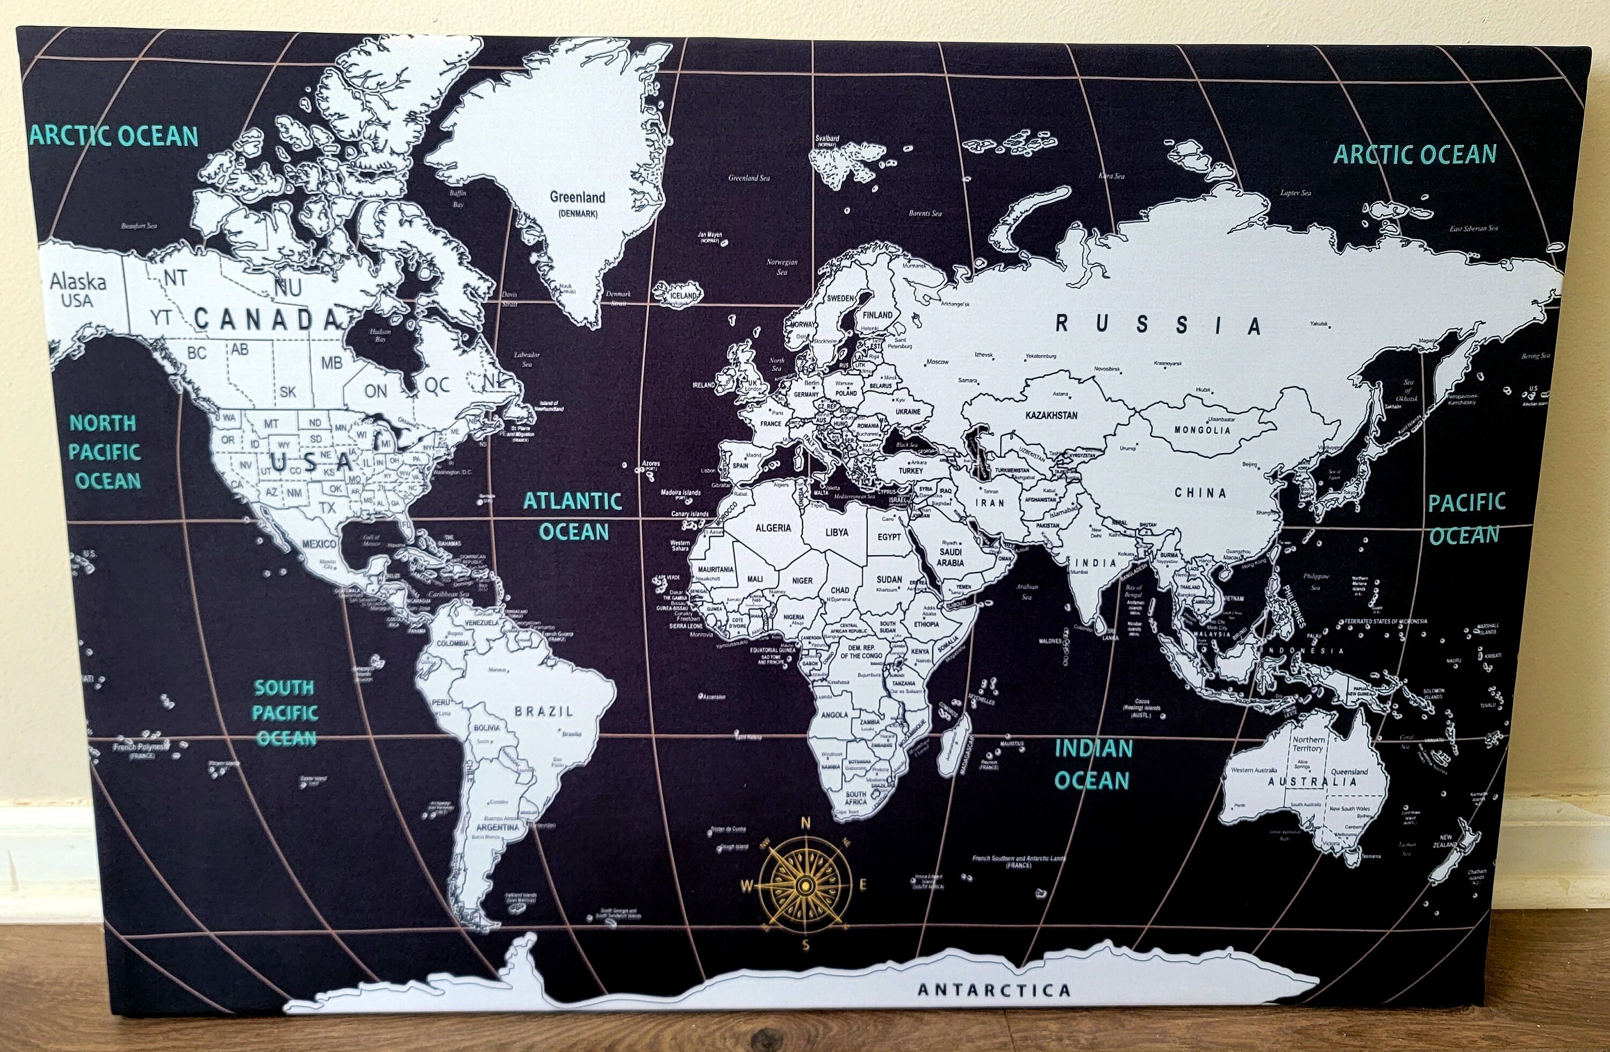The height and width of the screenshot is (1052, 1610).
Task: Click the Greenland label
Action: coord(577,197)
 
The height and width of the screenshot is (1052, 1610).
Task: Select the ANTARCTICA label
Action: coord(994,990)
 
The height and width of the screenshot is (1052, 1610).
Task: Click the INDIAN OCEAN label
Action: coord(1093,764)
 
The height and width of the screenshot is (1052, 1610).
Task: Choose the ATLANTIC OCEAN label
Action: coord(573,516)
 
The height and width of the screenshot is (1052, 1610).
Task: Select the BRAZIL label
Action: coord(543,711)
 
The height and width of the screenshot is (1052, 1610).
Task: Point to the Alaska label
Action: coord(78,282)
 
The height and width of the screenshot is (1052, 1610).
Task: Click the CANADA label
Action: coord(266,319)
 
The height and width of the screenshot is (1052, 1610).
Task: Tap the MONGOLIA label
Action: coord(1202,430)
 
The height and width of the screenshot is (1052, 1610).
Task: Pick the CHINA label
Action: coord(1200,493)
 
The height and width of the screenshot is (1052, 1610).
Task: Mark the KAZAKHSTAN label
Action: coord(1051,415)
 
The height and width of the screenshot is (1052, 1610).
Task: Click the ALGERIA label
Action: coord(772,528)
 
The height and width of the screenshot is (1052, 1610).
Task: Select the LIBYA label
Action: coord(836,533)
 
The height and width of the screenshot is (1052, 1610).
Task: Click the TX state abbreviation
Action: coord(327,506)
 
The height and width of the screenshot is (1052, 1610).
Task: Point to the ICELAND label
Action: coord(683,296)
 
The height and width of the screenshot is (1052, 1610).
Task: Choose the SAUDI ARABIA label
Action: coord(950,557)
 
